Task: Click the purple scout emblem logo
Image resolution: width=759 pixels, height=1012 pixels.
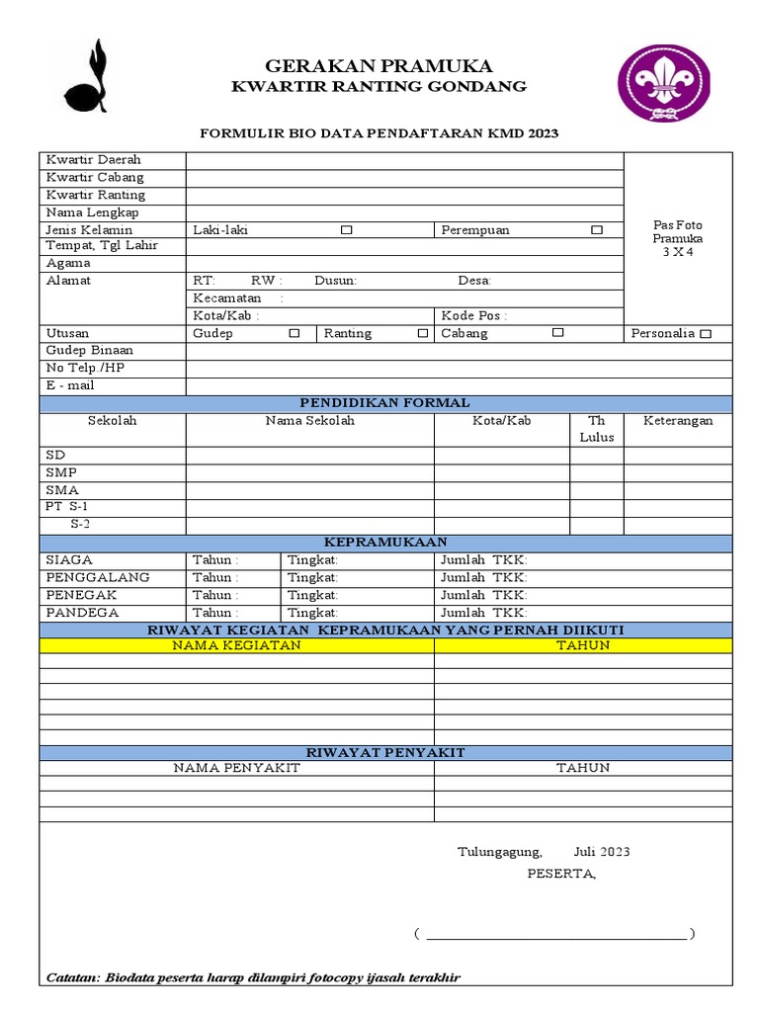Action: [663, 84]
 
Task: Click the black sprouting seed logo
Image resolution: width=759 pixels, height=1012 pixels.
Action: [87, 78]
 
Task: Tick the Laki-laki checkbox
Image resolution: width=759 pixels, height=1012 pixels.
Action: [346, 230]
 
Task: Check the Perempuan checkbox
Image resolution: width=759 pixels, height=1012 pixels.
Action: [596, 230]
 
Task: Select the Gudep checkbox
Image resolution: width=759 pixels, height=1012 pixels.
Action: [294, 333]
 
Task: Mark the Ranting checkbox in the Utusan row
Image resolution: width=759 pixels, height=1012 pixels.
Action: [423, 334]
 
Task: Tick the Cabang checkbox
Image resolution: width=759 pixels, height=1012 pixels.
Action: [557, 333]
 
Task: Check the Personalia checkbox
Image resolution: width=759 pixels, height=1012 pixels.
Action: [705, 334]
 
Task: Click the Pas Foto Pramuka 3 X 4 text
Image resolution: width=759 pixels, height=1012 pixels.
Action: [678, 238]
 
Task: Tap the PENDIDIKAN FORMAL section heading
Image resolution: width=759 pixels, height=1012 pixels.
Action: [385, 402]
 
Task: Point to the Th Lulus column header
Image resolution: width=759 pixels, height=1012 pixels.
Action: [596, 428]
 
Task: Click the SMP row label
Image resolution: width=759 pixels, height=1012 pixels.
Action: [61, 472]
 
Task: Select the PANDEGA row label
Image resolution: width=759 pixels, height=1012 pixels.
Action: [82, 613]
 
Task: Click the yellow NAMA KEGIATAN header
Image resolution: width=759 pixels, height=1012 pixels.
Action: [236, 645]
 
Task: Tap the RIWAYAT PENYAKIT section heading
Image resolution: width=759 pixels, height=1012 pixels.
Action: [385, 752]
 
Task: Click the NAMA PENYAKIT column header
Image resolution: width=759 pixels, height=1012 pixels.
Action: [236, 768]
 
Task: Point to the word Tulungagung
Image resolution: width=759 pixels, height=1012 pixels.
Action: [499, 852]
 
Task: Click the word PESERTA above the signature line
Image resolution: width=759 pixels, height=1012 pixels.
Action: [561, 874]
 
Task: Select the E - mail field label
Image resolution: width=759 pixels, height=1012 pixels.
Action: [70, 385]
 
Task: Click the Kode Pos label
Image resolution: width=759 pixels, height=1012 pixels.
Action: [473, 316]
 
